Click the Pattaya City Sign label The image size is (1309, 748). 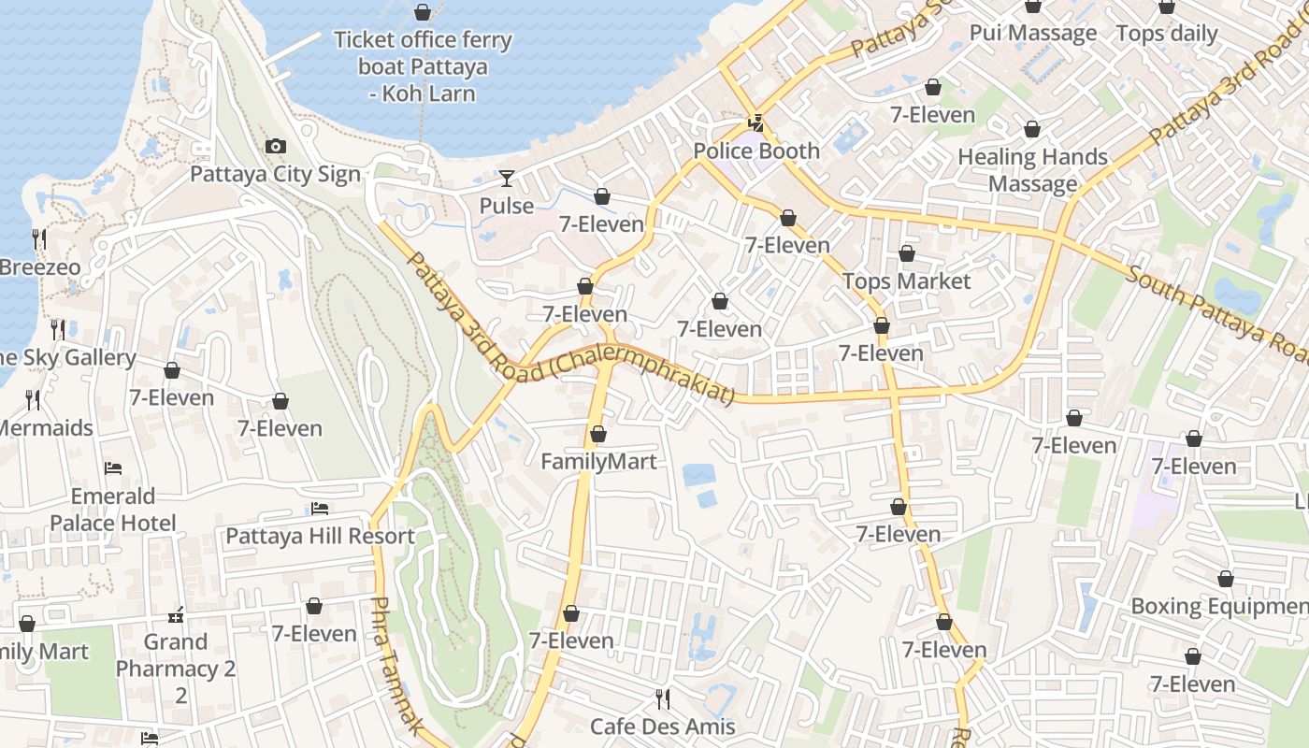tap(275, 175)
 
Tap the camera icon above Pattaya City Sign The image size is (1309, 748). tap(275, 146)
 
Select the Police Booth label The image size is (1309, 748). tap(756, 151)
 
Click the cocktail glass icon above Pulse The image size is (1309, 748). tap(507, 178)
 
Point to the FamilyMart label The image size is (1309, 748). tap(598, 461)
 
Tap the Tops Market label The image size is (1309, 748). tap(906, 280)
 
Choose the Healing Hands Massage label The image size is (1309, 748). tap(1032, 170)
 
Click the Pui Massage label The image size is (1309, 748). tap(1032, 34)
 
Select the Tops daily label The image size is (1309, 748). tap(1167, 35)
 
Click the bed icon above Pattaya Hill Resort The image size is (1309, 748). tap(320, 509)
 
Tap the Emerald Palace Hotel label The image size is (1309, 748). tap(113, 509)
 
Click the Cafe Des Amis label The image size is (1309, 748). tap(662, 726)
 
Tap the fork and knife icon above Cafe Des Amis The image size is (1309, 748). tap(662, 698)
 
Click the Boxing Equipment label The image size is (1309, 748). tap(1219, 606)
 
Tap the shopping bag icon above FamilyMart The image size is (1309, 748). tap(598, 434)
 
